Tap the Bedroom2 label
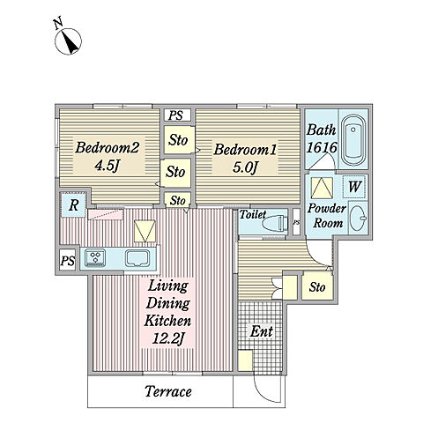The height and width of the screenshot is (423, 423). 107,147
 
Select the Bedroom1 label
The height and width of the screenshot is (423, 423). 245,150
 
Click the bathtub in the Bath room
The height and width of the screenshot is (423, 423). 353,141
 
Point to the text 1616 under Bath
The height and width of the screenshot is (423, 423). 322,147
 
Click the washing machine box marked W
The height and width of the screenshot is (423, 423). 354,187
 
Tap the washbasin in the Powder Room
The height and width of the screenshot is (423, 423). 358,218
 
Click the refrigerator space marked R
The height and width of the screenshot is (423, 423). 73,204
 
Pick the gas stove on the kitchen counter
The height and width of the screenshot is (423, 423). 95,257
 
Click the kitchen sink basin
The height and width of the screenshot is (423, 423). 137,258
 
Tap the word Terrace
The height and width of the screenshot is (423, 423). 168,391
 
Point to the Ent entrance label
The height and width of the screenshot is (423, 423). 261,331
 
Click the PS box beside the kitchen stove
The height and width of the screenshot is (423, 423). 68,260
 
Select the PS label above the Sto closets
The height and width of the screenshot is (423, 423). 175,115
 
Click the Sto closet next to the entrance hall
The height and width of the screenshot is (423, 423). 317,286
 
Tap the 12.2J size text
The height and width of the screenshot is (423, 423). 168,338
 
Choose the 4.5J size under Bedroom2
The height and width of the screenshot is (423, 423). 107,166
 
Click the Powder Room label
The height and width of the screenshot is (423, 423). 327,216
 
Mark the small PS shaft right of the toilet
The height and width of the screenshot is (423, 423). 296,222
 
